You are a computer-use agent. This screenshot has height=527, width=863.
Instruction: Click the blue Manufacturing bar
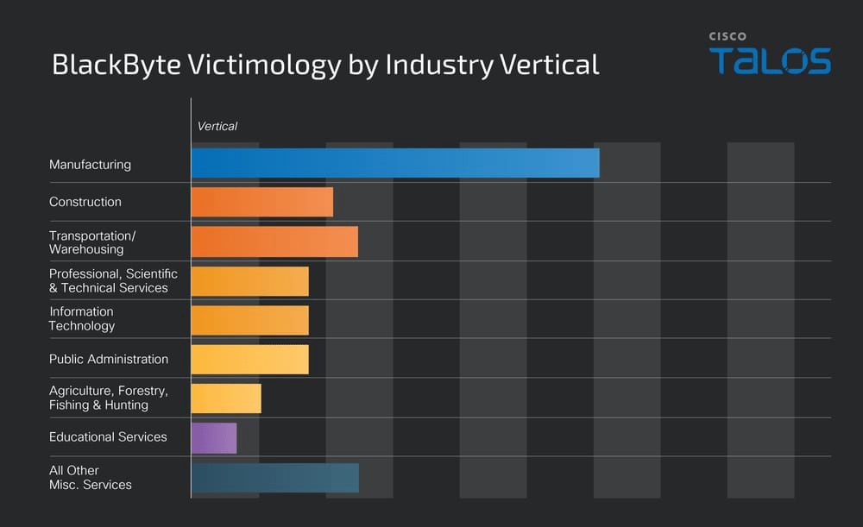(395, 163)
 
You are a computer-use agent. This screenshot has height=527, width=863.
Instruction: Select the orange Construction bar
(262, 202)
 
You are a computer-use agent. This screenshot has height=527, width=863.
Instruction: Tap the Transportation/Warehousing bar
(274, 242)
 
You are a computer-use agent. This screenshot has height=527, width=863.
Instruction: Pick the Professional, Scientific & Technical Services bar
(249, 281)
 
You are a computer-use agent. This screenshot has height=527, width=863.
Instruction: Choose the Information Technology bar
(249, 320)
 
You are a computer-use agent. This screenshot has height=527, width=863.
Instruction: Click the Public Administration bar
(249, 360)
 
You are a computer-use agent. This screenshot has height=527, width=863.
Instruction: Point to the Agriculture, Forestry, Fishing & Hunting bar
(226, 398)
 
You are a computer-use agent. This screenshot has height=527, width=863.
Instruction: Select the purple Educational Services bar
(214, 437)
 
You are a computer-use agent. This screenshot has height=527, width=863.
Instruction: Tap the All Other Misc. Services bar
(274, 478)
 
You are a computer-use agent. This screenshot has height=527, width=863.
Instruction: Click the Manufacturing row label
(90, 164)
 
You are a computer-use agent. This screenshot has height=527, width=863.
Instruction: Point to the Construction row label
(85, 202)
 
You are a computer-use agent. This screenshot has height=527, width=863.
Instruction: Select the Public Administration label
(109, 359)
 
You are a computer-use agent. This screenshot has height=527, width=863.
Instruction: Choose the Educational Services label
(108, 437)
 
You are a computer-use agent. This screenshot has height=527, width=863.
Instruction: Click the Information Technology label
(82, 319)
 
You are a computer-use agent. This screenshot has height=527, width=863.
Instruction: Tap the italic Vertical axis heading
(217, 126)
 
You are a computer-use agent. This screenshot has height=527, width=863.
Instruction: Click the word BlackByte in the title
(109, 66)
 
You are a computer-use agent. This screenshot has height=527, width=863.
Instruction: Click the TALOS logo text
(770, 62)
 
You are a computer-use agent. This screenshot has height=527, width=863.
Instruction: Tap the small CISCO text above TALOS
(728, 36)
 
